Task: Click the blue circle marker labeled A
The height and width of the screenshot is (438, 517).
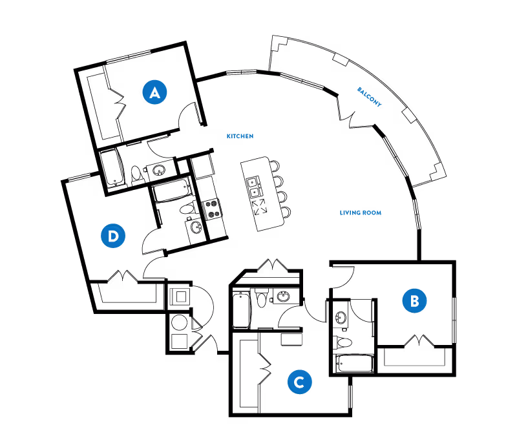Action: tap(154, 92)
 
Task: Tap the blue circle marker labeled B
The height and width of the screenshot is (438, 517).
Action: tap(414, 301)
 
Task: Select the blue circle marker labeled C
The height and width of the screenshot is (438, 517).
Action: tap(299, 382)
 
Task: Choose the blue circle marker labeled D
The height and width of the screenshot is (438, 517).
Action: tap(113, 236)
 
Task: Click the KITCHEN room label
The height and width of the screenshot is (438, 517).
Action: tap(240, 136)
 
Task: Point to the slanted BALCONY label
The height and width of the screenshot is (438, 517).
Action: tap(369, 97)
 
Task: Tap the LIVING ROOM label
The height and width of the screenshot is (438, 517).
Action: tap(361, 213)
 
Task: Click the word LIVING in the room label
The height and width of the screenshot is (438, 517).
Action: tap(350, 213)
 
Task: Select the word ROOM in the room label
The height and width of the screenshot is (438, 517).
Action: tap(372, 213)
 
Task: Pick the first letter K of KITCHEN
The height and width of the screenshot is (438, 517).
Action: tap(228, 136)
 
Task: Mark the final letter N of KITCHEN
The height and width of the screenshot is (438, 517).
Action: tap(251, 136)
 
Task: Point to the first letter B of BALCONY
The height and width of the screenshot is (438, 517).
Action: tap(359, 89)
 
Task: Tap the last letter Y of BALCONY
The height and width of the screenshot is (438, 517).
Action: tap(379, 105)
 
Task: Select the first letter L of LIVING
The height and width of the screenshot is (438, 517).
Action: tap(341, 213)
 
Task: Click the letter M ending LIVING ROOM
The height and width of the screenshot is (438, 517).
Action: tap(379, 213)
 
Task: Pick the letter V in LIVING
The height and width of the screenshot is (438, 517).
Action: tap(347, 213)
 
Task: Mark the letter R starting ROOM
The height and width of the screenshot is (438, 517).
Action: tap(364, 213)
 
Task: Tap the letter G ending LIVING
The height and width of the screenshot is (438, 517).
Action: tap(358, 213)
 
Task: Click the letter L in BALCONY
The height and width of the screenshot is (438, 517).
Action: tap(366, 94)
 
